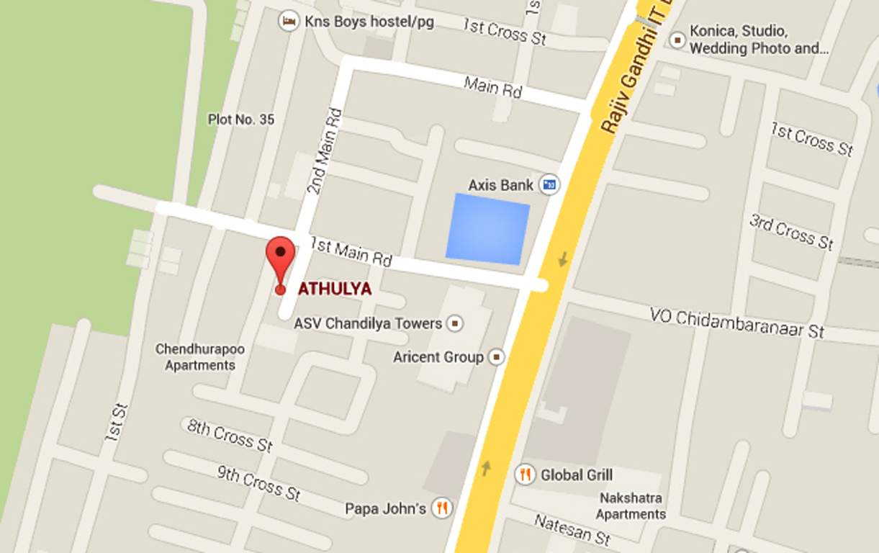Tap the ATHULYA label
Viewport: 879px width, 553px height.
tap(335, 289)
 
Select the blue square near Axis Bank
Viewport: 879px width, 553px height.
tap(488, 228)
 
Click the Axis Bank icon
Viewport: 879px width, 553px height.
tap(550, 185)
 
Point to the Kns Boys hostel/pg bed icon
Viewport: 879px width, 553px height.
tap(289, 22)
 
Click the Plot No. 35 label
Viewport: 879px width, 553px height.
tap(241, 120)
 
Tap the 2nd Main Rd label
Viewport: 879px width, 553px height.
tap(325, 151)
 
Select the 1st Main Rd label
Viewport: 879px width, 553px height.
tap(351, 252)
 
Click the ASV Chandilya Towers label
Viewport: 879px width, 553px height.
tap(368, 323)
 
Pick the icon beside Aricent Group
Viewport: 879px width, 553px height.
tap(496, 356)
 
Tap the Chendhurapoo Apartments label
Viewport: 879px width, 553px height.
tap(200, 357)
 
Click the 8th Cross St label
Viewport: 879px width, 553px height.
tap(230, 435)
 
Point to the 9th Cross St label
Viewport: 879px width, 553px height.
tap(259, 482)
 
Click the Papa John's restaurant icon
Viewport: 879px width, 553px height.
tap(442, 508)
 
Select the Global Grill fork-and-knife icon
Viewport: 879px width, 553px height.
tap(526, 475)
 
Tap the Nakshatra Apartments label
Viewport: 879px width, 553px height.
tap(631, 506)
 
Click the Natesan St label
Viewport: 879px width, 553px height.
tap(572, 529)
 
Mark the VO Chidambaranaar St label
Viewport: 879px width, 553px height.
tap(736, 323)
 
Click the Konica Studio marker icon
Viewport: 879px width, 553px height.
tap(677, 40)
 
